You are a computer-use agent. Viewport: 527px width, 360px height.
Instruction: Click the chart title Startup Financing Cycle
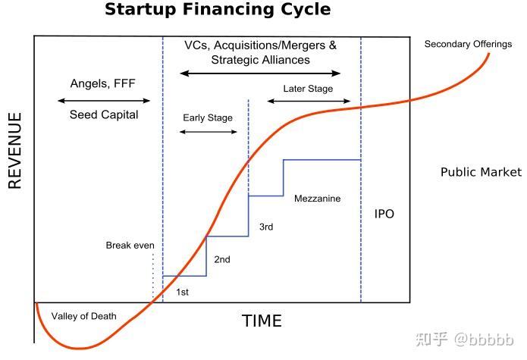(218, 10)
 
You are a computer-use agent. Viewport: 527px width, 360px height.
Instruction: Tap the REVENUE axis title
(15, 151)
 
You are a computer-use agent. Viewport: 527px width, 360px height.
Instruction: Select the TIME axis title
(262, 321)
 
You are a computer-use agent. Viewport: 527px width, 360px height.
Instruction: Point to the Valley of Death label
(83, 316)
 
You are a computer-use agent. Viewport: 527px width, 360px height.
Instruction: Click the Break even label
(130, 245)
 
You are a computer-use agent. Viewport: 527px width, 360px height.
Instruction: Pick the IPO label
(384, 214)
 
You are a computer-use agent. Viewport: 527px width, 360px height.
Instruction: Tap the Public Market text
(481, 172)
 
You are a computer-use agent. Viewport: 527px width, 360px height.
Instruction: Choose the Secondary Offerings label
(468, 44)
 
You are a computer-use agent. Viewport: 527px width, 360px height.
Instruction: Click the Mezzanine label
(317, 199)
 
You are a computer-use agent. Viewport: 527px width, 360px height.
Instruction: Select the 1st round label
(183, 292)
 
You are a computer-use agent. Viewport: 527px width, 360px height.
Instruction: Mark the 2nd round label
(222, 259)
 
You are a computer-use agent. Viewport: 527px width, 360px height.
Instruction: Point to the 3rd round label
(266, 227)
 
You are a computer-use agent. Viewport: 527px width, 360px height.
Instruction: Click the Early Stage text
(208, 118)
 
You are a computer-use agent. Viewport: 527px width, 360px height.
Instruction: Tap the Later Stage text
(308, 89)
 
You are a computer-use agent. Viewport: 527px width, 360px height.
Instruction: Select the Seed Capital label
(104, 115)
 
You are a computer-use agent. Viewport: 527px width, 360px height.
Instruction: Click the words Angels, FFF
(103, 83)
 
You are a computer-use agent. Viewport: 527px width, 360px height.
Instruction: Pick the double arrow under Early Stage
(209, 132)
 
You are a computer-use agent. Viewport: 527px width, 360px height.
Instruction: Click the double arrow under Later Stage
(309, 101)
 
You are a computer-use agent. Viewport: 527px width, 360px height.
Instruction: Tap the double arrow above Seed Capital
(104, 100)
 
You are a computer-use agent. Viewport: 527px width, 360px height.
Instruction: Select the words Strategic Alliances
(261, 60)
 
